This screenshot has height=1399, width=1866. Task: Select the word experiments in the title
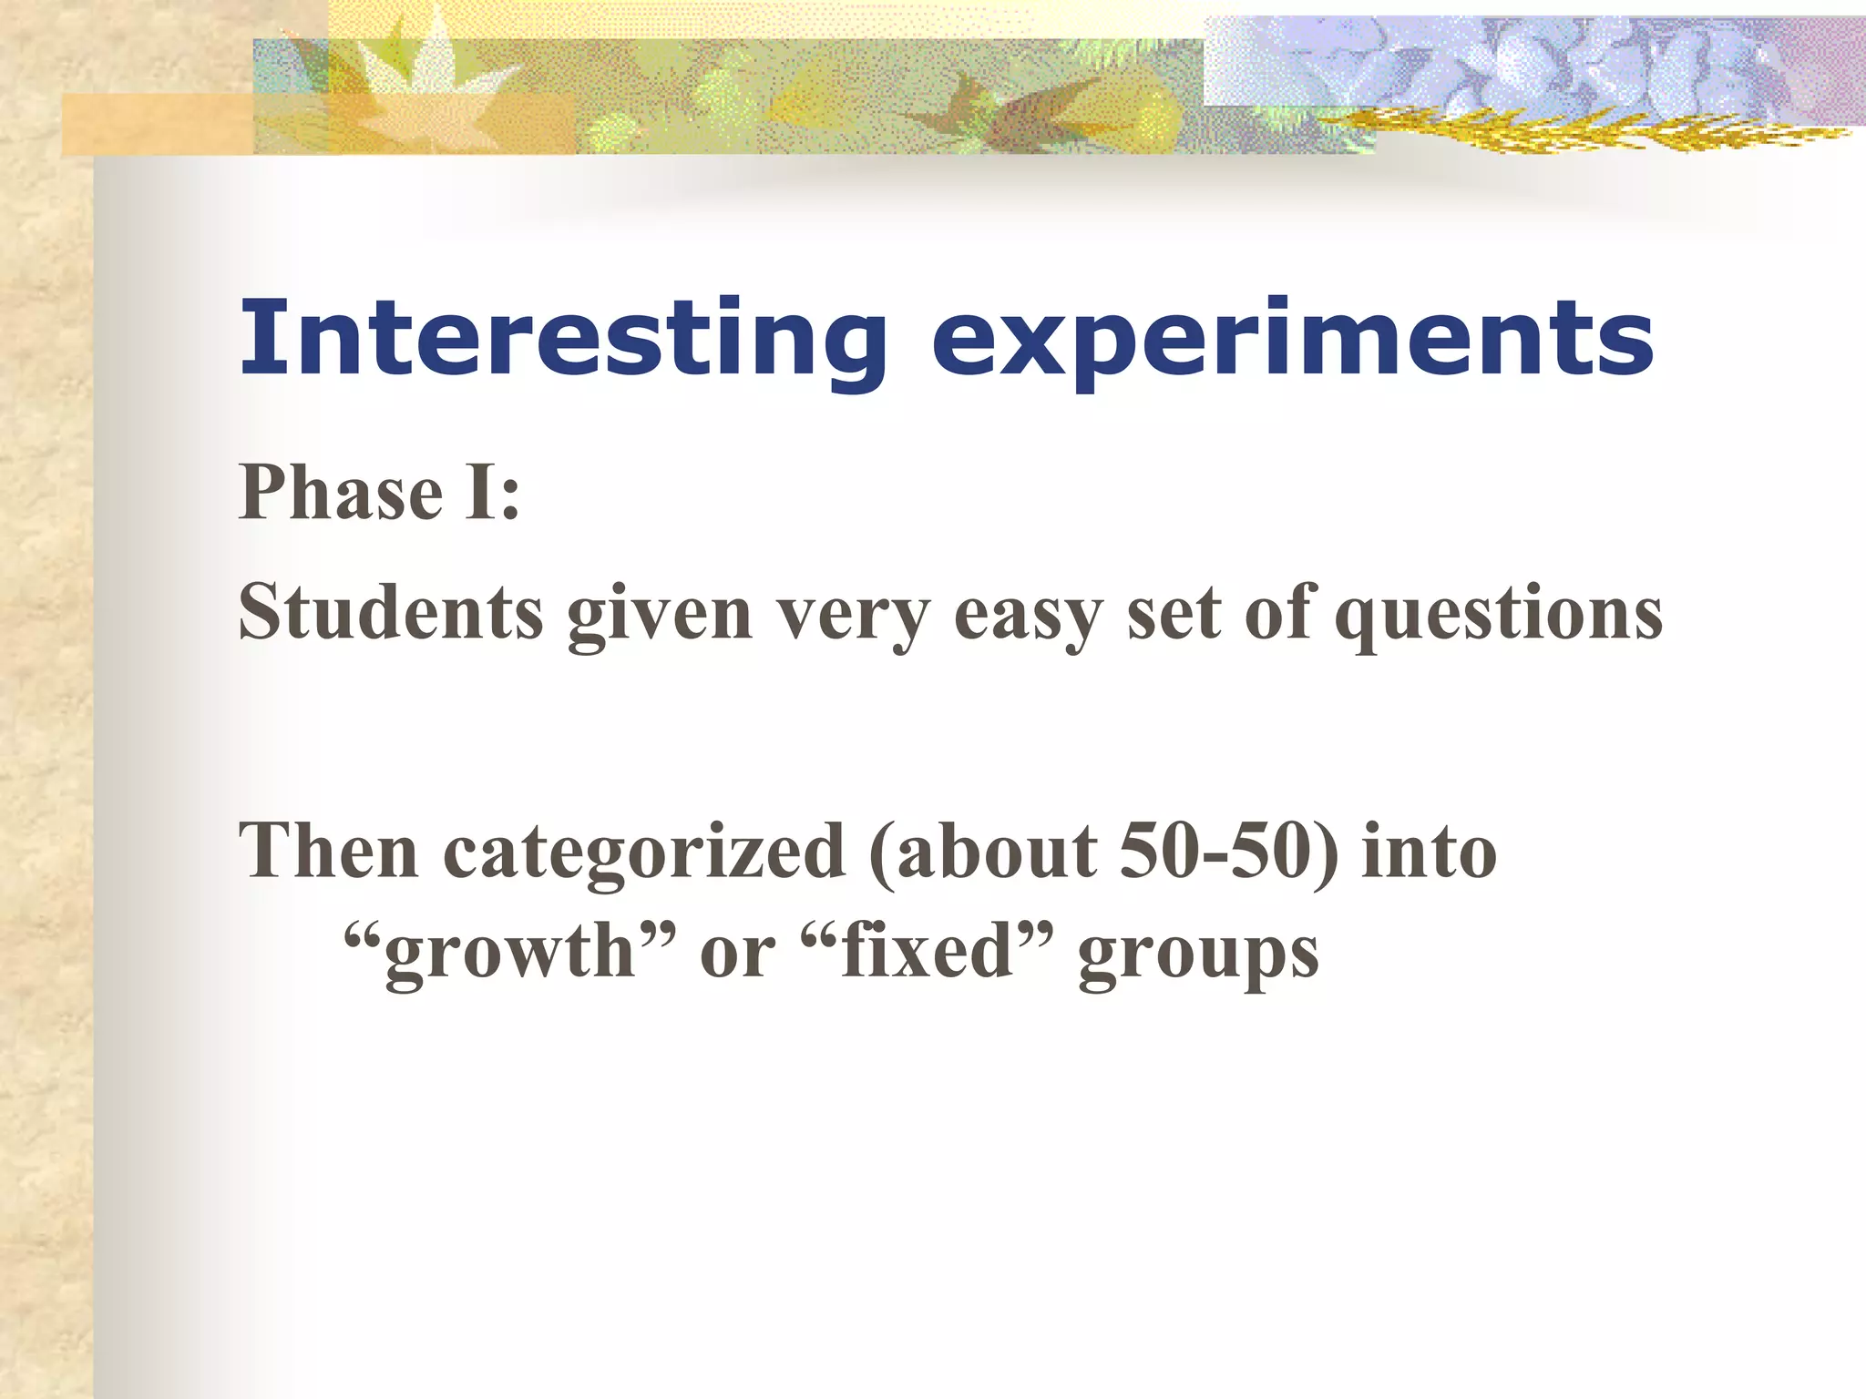[x=1292, y=339]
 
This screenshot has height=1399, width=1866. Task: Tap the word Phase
[x=341, y=493]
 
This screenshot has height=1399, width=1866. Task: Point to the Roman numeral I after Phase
[x=481, y=493]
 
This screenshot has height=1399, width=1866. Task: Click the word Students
[x=391, y=612]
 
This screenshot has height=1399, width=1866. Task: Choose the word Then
[x=328, y=851]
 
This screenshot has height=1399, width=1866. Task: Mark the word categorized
[x=644, y=853]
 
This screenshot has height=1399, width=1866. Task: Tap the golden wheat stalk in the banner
[x=1585, y=132]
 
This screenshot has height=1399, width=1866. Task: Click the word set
[x=1174, y=612]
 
